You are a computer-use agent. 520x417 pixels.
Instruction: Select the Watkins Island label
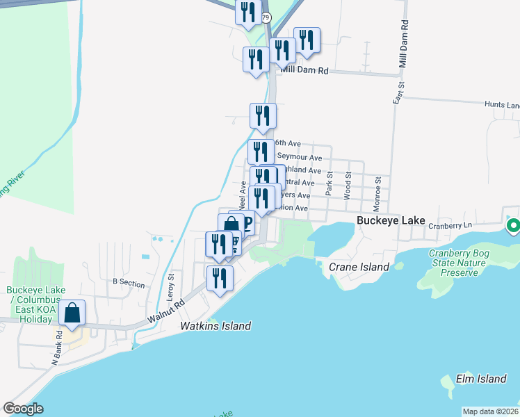[x=216, y=325]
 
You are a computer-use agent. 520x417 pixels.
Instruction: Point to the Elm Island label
[x=480, y=379]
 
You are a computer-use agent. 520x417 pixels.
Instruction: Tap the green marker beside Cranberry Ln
[x=514, y=226]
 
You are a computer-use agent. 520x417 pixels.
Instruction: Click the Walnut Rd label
[x=165, y=312]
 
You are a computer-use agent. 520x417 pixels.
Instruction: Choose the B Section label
[x=128, y=282]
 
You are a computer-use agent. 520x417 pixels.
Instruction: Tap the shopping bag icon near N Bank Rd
[x=72, y=313]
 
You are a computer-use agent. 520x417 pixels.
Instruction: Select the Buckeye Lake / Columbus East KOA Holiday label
[x=29, y=304]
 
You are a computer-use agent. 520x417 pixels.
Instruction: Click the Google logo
[x=23, y=408]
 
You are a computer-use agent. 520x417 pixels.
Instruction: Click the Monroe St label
[x=377, y=188]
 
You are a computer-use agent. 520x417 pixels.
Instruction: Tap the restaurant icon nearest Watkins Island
[x=220, y=279]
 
